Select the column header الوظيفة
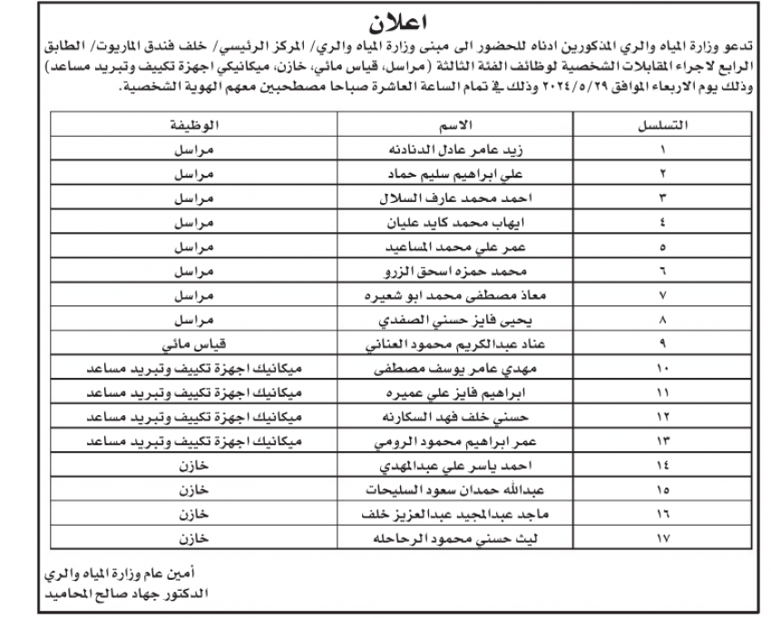click(x=193, y=125)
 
